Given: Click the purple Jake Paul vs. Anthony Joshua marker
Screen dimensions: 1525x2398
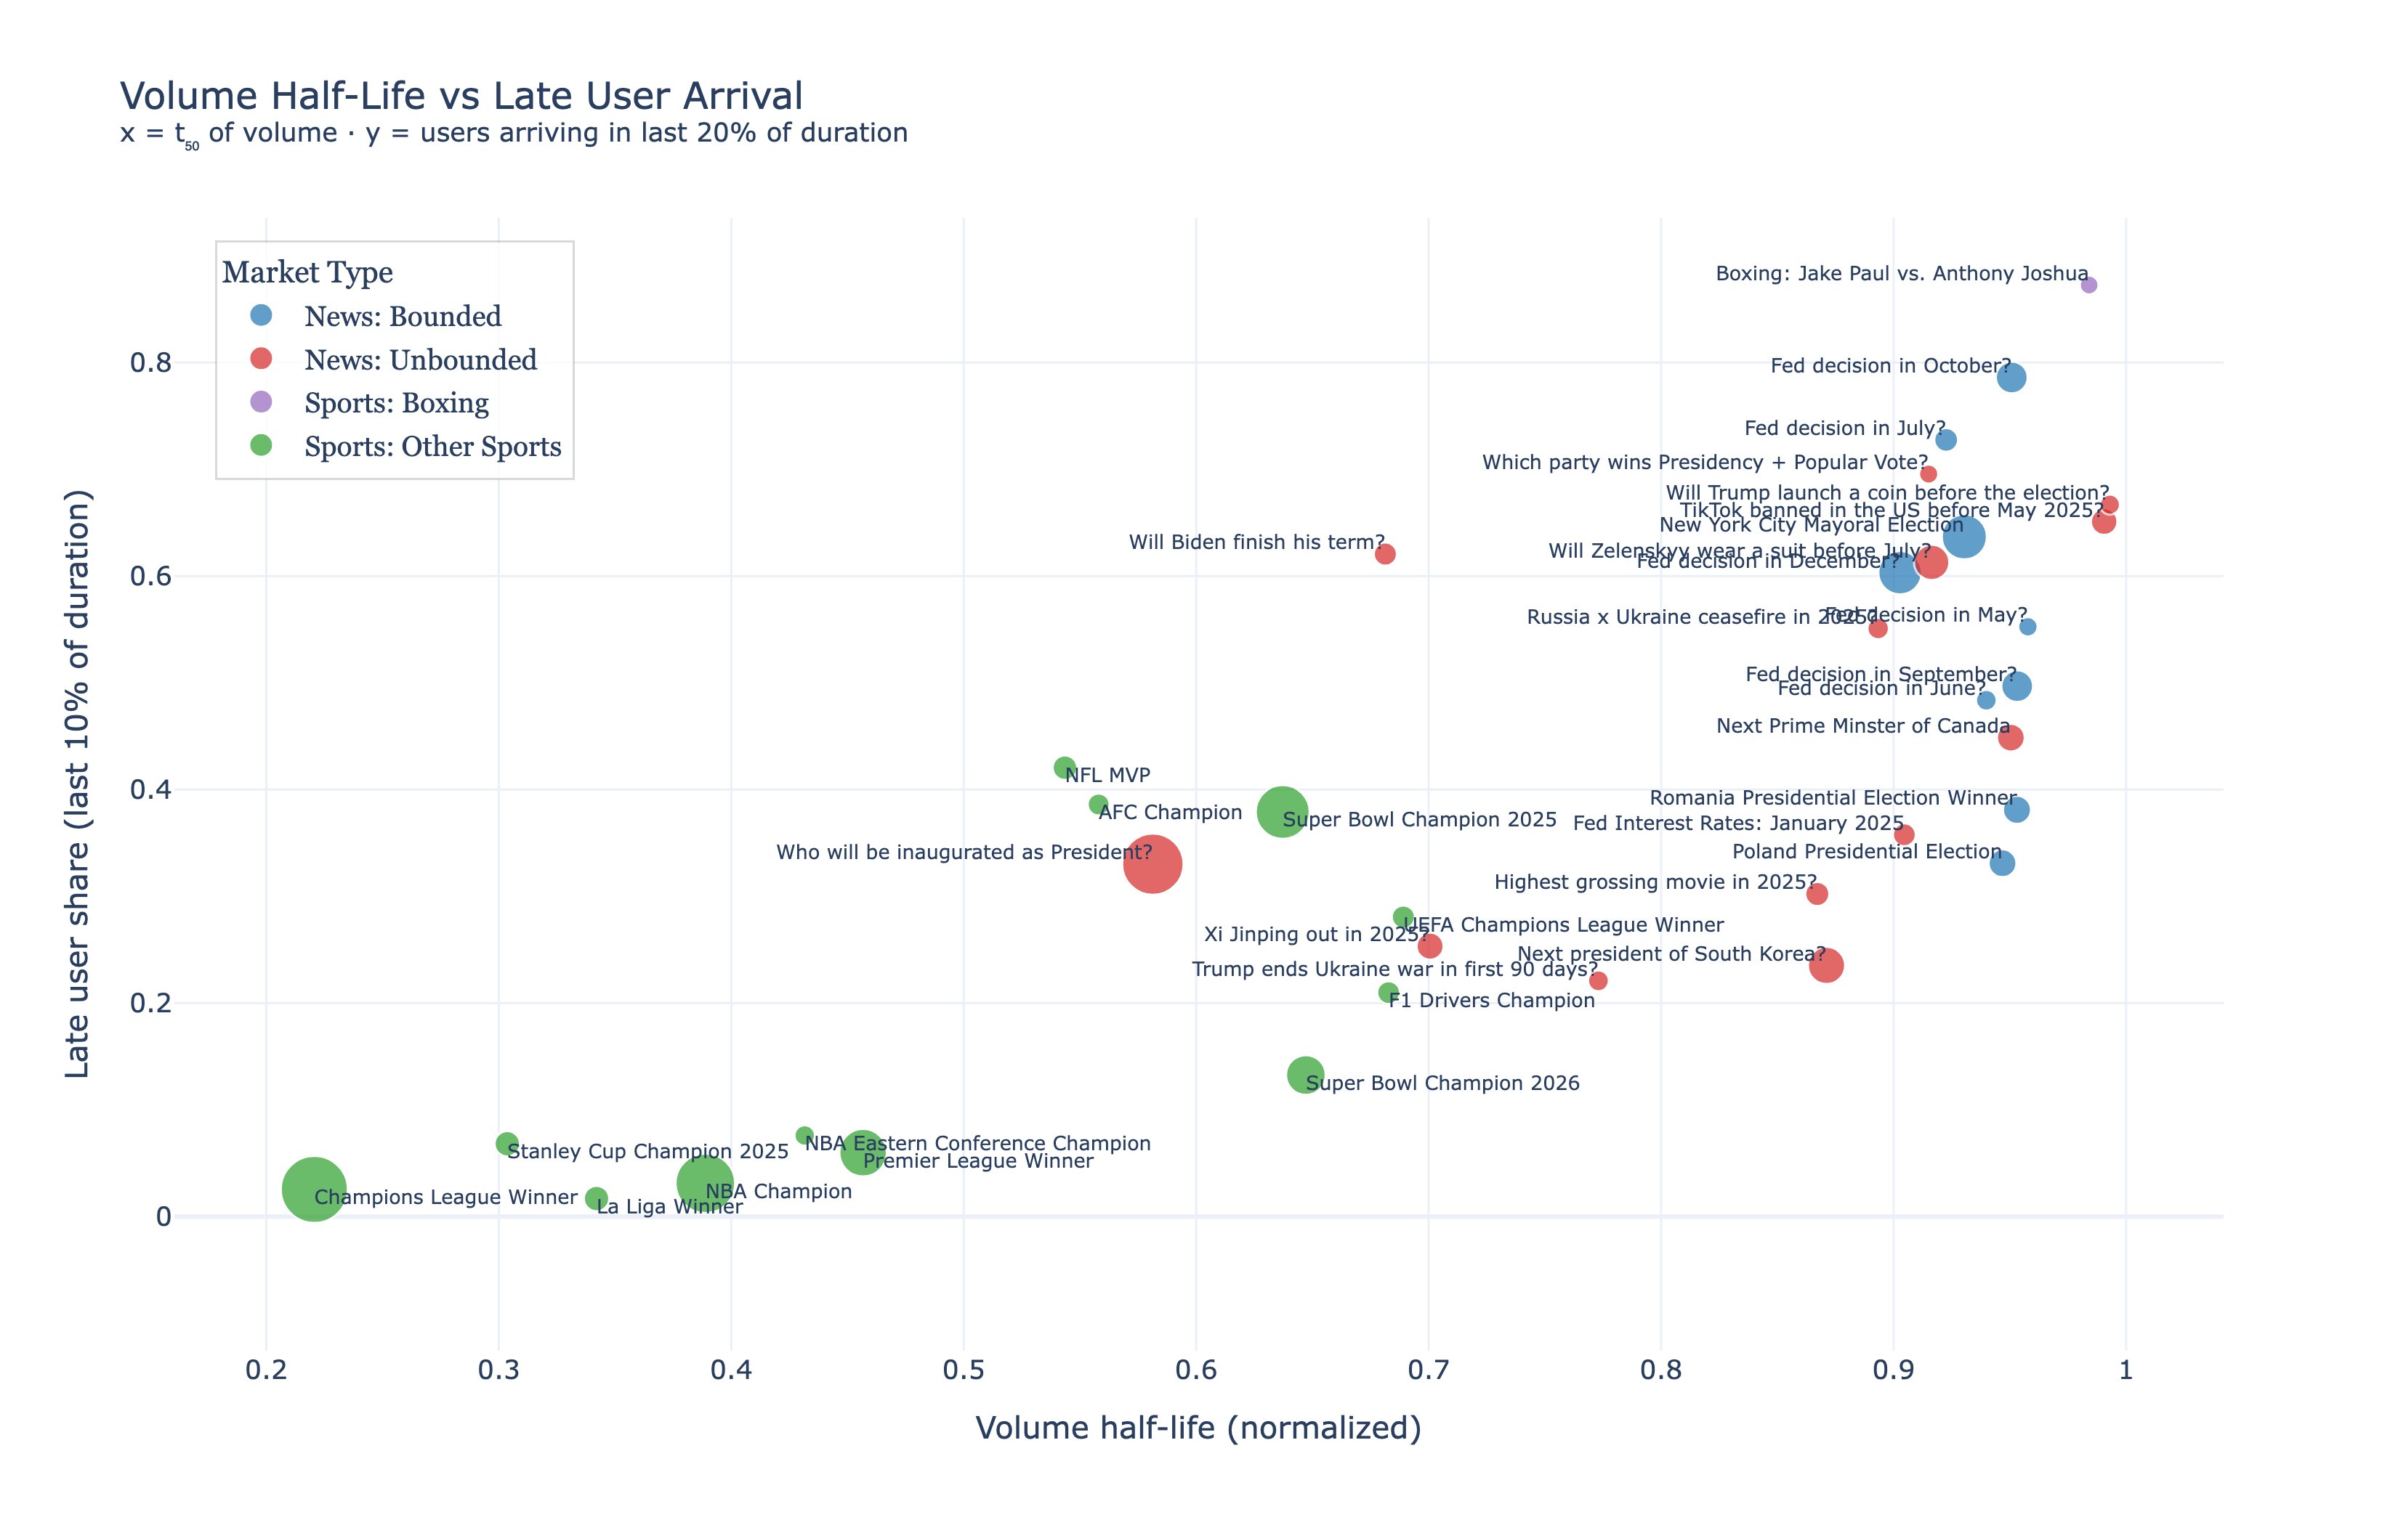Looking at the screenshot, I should (2088, 285).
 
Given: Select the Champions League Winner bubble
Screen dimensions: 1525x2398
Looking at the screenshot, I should (314, 1187).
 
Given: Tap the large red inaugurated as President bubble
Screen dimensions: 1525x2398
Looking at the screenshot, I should (1152, 864).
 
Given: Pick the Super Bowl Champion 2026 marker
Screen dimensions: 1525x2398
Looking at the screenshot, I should (1304, 1074).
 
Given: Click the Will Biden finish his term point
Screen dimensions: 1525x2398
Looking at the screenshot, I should (1384, 553).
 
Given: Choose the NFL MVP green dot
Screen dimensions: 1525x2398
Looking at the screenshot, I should (1064, 768).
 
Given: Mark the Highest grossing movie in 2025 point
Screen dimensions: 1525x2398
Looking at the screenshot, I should (1817, 894).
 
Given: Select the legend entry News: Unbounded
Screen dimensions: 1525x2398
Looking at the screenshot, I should (419, 359).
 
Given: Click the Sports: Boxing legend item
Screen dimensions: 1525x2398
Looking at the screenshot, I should (395, 403).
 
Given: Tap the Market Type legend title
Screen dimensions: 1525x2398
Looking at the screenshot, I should (307, 272).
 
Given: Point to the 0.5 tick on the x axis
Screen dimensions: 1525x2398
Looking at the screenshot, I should (963, 1370).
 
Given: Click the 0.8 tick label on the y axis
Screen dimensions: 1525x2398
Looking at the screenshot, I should (150, 362).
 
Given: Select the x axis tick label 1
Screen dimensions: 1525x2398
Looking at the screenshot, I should (2124, 1370).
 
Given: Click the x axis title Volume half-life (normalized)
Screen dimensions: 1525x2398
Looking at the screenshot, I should (1197, 1428).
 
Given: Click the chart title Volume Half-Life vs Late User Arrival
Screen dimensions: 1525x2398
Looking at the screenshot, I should (461, 97).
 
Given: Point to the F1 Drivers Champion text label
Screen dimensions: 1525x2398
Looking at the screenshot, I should (1491, 1001).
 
